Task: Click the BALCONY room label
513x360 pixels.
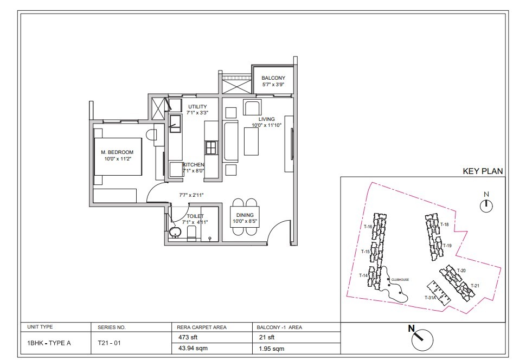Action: (273, 78)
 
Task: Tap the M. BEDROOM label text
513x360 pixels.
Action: (117, 152)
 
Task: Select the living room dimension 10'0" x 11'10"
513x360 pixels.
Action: (266, 125)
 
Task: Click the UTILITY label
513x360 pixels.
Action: (197, 107)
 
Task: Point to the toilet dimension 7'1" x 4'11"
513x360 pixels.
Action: (195, 222)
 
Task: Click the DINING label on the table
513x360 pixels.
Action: (245, 215)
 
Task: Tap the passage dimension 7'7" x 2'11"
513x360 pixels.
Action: (191, 195)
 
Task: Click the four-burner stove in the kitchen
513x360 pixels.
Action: (211, 148)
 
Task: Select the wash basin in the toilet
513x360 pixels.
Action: (176, 233)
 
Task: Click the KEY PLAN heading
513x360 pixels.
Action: (483, 171)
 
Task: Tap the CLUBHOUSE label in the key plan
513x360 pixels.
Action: (400, 280)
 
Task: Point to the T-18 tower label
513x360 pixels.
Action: (444, 224)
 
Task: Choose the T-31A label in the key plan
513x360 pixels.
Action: (430, 298)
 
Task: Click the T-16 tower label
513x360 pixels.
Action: (368, 227)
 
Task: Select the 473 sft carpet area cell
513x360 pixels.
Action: (188, 337)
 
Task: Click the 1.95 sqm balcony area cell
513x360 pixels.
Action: (272, 349)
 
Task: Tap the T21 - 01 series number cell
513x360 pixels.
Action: (110, 343)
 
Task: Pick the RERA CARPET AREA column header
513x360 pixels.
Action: (202, 327)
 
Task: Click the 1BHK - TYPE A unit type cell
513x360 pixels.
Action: (49, 343)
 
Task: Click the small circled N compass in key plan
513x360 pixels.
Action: (486, 205)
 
